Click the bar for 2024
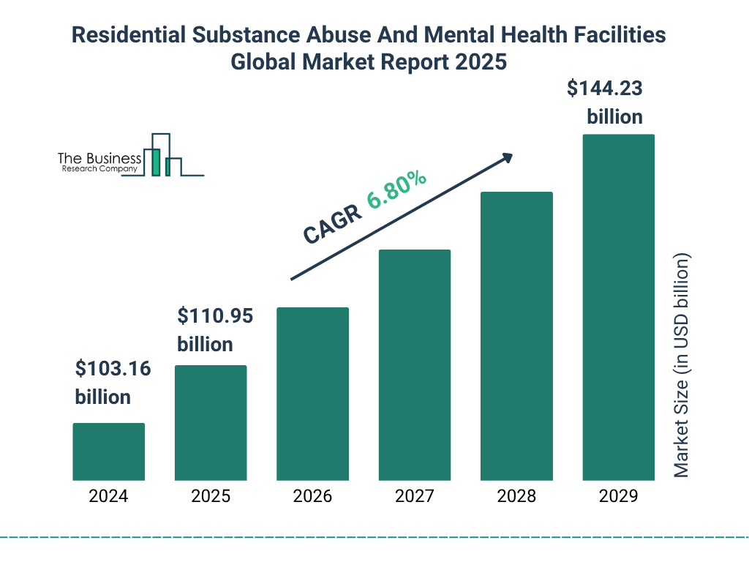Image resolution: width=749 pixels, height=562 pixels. [x=108, y=452]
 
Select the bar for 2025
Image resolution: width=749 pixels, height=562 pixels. [x=211, y=422]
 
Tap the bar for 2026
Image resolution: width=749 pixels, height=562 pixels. [x=312, y=394]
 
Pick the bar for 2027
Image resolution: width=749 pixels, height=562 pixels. [x=414, y=364]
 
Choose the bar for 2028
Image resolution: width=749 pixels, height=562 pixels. [x=516, y=336]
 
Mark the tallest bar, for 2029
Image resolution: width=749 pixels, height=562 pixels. [x=618, y=307]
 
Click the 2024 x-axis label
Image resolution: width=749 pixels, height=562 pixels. [x=108, y=496]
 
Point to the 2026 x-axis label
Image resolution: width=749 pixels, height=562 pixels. [x=312, y=496]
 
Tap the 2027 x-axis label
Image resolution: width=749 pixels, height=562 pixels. [x=414, y=496]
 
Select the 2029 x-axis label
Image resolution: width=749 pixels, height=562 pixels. [x=618, y=496]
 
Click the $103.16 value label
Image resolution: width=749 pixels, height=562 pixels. [x=113, y=370]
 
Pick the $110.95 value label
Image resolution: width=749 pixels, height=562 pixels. [x=215, y=317]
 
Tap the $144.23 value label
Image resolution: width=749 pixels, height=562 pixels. [x=605, y=89]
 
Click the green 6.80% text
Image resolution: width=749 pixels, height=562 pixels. [x=396, y=189]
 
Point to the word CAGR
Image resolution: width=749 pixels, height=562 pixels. [x=331, y=224]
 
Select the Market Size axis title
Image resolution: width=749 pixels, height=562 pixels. [x=682, y=366]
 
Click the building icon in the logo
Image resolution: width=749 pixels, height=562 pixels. [x=162, y=155]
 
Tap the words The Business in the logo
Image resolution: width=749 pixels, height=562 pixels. [x=99, y=159]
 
